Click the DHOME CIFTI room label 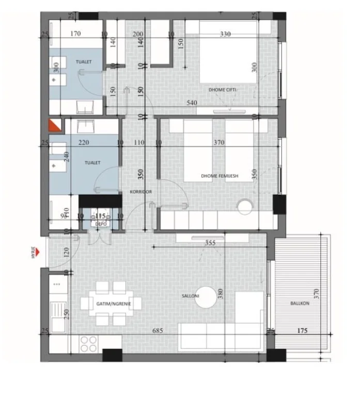pos(223,89)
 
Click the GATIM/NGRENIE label pos(114,304)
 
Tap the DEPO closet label pos(101,224)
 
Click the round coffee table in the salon pos(207,298)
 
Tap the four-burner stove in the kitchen pos(89,343)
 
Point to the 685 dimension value pos(158,330)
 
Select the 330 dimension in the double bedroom pos(225,34)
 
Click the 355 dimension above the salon pos(209,243)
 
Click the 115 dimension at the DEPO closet pos(100,216)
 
